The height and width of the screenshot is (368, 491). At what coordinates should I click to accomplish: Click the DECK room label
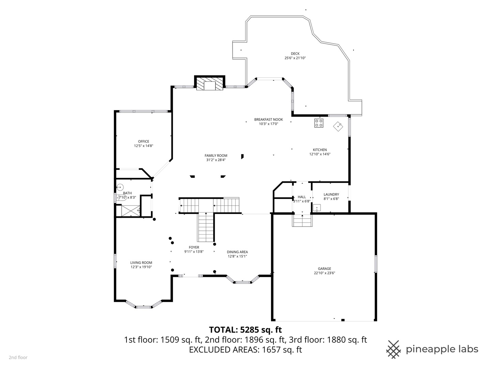295,53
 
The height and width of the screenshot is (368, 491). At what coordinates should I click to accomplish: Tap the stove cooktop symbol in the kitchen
319,123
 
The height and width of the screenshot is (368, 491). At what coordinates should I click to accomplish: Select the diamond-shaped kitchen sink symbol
338,126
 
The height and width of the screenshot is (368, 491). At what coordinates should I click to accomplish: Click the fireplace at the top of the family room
209,85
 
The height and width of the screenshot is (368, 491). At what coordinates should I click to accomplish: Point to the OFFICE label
144,141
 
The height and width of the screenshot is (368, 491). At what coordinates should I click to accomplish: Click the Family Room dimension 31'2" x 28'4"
216,160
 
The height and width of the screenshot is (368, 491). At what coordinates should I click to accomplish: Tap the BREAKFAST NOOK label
268,119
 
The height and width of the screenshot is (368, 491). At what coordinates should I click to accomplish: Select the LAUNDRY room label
331,194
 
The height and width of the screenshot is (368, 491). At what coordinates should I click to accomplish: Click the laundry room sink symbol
317,208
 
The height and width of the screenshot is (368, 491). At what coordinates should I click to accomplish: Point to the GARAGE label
325,269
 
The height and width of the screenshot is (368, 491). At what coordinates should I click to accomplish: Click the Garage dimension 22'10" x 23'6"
325,273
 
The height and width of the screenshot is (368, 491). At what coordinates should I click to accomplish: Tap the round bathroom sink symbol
120,187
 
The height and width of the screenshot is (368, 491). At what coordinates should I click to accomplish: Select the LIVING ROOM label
141,262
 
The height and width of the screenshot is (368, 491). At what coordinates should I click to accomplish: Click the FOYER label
194,247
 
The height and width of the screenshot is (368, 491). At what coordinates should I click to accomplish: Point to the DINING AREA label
237,252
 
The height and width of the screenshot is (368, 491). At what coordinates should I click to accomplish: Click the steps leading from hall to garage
302,221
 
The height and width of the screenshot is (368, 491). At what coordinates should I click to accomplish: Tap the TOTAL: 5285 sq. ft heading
245,329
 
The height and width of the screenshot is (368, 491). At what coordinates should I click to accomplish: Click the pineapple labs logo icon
393,349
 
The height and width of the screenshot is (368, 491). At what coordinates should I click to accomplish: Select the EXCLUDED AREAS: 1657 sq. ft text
245,349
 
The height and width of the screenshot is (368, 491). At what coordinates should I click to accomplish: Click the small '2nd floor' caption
18,357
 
